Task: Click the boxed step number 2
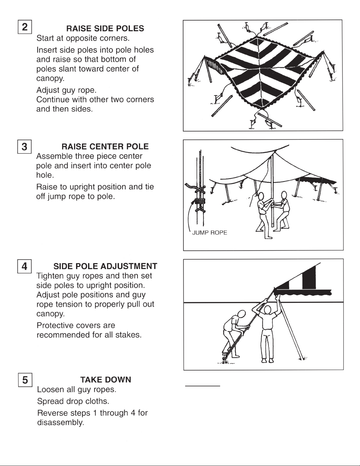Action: coord(25,27)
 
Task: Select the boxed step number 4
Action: coord(25,266)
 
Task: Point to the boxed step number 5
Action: coord(25,380)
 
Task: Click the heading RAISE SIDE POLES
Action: coord(105,29)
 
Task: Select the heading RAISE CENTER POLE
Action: coord(105,146)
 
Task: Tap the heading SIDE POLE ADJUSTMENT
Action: coord(105,266)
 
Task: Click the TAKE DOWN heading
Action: coord(106,380)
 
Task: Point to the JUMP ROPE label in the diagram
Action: coord(210,233)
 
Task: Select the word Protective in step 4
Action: coord(55,325)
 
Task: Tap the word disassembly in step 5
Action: coord(60,423)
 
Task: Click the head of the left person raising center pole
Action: coord(261,196)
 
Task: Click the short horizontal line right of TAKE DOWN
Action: coord(202,385)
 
